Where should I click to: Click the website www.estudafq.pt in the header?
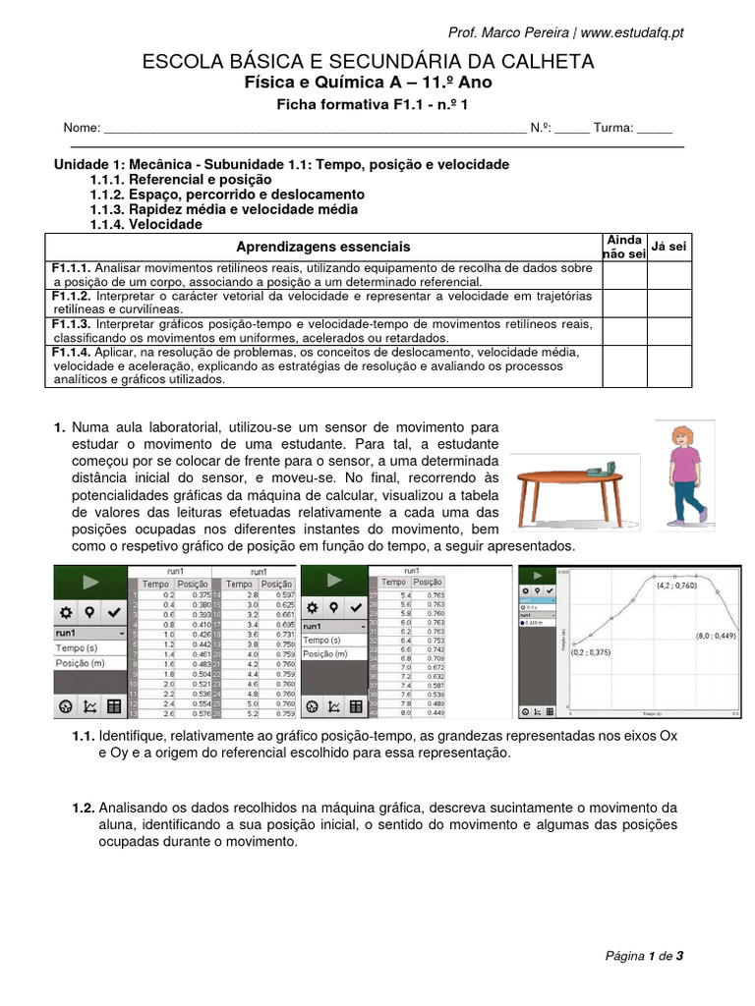click(632, 32)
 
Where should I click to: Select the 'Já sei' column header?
click(669, 246)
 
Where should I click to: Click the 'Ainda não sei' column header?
click(624, 247)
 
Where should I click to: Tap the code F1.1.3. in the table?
click(71, 324)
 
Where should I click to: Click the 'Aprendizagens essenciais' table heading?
click(324, 247)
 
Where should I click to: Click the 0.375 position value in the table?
click(201, 594)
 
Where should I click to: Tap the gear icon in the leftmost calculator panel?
click(66, 611)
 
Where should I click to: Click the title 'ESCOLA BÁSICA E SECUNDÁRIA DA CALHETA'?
click(369, 62)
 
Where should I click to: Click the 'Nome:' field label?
click(82, 129)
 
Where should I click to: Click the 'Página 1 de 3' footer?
click(644, 955)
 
